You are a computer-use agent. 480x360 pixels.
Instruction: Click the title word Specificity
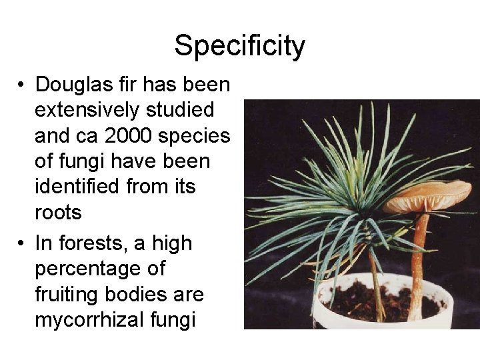coord(240,46)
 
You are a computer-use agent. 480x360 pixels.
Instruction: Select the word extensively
coord(88,111)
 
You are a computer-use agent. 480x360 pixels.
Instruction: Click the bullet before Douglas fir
coord(22,86)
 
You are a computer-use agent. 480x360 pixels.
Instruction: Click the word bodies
coord(140,295)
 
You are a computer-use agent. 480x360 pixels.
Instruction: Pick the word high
coord(171,244)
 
